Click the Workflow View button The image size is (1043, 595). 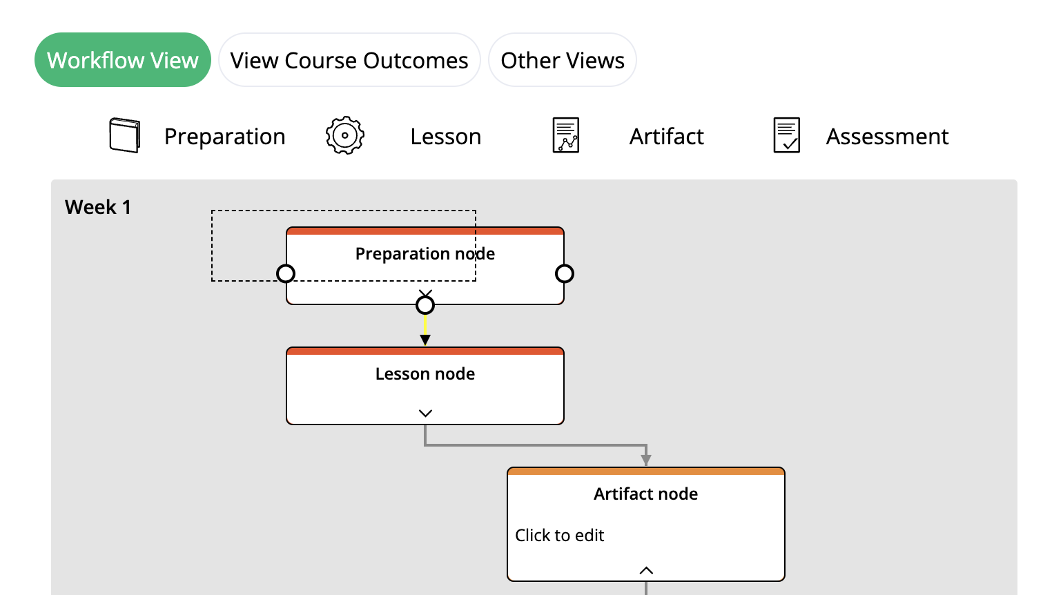(122, 60)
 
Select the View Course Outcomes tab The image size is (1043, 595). (349, 60)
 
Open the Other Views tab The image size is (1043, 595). (562, 60)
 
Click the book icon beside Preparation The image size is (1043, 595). (125, 135)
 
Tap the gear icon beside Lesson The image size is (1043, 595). (344, 135)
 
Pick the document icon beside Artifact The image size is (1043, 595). (566, 135)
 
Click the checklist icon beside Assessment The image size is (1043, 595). (786, 135)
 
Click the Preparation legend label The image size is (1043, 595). (224, 137)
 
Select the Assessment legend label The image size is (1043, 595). (887, 137)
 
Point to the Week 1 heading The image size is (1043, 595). (98, 207)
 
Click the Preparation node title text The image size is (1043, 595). (425, 254)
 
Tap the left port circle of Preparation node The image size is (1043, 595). (286, 274)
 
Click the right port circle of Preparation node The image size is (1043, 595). (565, 274)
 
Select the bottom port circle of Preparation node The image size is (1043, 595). (425, 304)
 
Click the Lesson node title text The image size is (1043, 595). (425, 374)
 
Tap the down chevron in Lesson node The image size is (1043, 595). (425, 413)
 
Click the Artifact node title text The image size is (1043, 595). (646, 494)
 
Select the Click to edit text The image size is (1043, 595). (560, 536)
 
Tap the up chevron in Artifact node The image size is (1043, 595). (646, 570)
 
